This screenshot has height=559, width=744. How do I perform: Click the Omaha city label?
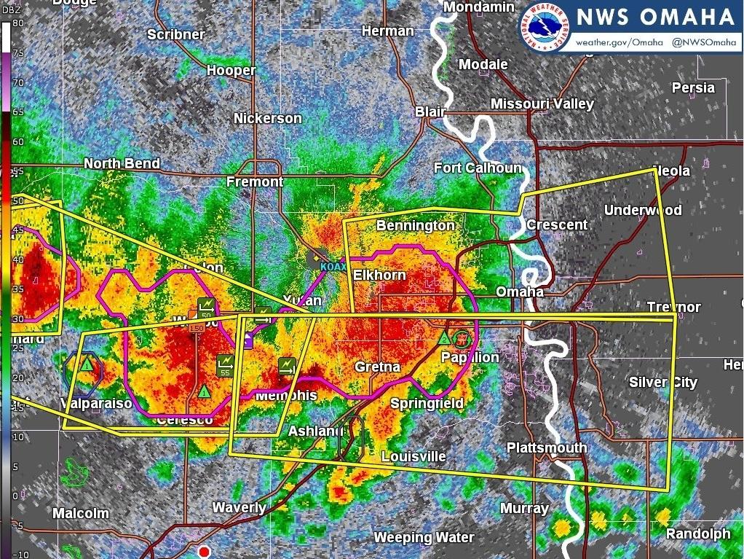[520, 292]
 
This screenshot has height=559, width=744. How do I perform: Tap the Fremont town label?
[255, 181]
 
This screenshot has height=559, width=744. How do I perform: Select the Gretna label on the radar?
[377, 367]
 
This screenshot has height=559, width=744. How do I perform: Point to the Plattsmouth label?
[546, 447]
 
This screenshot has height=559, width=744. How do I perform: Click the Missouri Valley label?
[542, 103]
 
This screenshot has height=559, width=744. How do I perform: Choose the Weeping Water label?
[424, 538]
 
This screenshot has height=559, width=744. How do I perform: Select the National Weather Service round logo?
[545, 27]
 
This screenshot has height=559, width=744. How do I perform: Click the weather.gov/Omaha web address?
[620, 42]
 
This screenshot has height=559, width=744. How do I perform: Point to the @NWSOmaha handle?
[704, 42]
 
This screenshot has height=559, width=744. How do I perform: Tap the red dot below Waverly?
[205, 552]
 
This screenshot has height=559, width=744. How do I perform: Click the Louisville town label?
[413, 457]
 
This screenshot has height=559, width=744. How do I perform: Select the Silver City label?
[663, 382]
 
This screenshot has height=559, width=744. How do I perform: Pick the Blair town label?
[430, 112]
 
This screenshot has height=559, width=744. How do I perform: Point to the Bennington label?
[415, 226]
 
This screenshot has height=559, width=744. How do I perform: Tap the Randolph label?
[697, 534]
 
